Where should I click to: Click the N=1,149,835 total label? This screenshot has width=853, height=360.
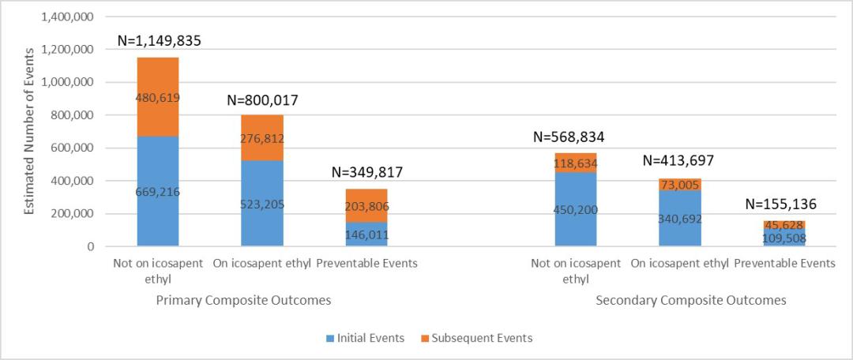tap(158, 41)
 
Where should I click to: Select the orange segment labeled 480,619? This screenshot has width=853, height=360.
tap(158, 97)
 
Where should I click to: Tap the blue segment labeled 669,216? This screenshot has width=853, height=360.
tap(158, 191)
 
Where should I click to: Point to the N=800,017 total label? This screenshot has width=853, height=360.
tap(262, 100)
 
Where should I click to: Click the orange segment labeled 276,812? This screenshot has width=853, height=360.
tap(262, 138)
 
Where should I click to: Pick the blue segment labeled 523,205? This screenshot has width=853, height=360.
tap(262, 204)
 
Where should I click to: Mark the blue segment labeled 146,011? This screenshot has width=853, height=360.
tap(366, 234)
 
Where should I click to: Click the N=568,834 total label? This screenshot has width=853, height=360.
tap(576, 137)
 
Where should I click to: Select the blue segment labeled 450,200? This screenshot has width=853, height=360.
tap(576, 209)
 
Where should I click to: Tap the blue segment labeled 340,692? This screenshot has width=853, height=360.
tap(680, 218)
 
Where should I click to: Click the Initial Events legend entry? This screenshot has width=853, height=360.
tap(365, 338)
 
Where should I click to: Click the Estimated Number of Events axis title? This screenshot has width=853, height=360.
tap(29, 131)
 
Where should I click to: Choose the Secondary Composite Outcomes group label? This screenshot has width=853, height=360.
tap(691, 301)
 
